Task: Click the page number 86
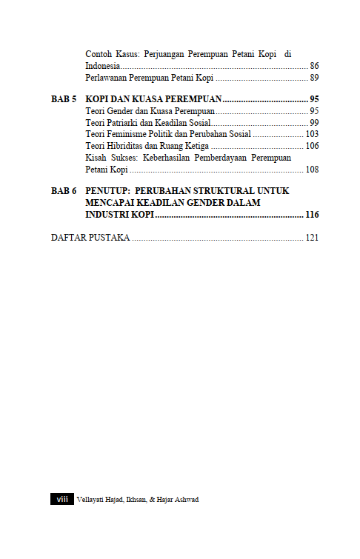click(x=314, y=66)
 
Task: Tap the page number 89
click(x=314, y=78)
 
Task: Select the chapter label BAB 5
click(x=64, y=99)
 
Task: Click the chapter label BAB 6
click(x=64, y=191)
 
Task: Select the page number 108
click(x=312, y=170)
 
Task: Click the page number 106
click(x=312, y=146)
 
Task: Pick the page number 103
click(x=312, y=134)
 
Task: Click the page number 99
click(x=314, y=122)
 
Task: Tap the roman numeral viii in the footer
click(x=61, y=500)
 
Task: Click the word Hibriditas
click(x=125, y=146)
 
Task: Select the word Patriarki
click(x=126, y=122)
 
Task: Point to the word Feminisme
click(x=132, y=134)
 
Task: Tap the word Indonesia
click(x=104, y=66)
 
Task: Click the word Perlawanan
click(x=110, y=78)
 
